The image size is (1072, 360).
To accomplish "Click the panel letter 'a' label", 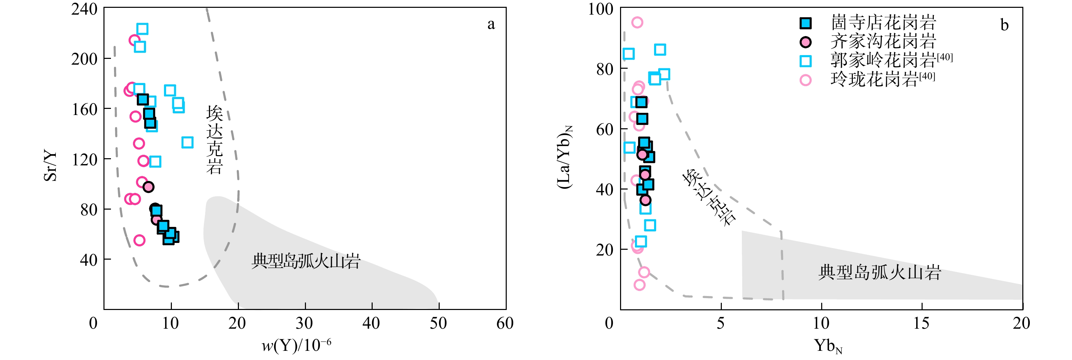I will [491, 24].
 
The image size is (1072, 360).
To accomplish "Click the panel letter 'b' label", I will [1004, 26].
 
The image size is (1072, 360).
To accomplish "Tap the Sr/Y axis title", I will [50, 166].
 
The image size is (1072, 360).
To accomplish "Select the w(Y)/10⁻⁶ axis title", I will [296, 345].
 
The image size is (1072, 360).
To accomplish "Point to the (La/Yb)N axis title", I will [565, 157].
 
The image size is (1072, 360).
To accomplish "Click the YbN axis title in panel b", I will [828, 346].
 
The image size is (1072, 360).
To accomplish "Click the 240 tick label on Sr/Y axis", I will [84, 9].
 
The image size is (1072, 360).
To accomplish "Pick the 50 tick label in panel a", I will [438, 323].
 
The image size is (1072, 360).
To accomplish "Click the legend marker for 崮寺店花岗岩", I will [806, 23].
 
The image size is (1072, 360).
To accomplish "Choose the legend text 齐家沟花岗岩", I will [883, 42].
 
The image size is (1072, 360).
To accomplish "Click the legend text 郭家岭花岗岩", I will [883, 60].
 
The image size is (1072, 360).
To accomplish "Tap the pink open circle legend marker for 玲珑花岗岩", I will [806, 80].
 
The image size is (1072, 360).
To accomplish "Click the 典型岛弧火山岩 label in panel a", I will [306, 261].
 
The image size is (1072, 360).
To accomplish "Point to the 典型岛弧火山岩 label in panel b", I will [880, 273].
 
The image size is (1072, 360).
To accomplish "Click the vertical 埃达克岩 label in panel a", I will [215, 140].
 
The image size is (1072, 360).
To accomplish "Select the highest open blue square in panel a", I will [142, 29].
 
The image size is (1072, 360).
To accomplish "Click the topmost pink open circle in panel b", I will [637, 22].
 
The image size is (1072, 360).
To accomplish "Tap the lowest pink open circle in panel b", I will [639, 285].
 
